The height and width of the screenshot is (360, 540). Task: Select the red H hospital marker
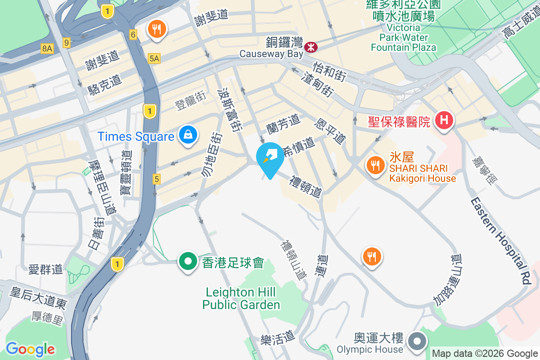tap(444, 121)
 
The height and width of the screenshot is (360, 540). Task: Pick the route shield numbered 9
tap(67, 43)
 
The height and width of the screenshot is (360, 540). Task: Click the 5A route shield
tap(154, 58)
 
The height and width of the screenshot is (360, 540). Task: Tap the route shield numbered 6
tap(133, 35)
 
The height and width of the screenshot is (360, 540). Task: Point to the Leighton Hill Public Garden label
tap(241, 298)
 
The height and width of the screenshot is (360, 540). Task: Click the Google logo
tap(30, 349)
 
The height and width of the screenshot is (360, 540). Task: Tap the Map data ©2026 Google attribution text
tap(485, 354)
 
